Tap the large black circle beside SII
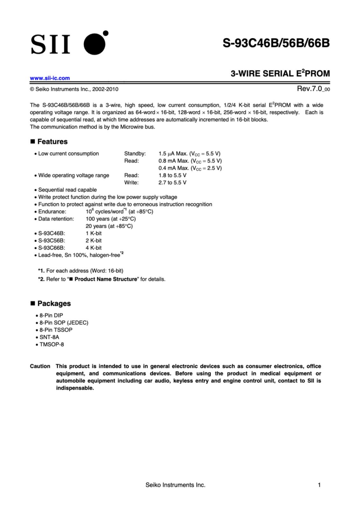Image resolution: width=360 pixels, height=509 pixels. [x=94, y=44]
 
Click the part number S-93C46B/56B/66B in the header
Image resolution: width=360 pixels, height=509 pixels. [x=276, y=43]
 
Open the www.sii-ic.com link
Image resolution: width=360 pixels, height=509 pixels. [x=50, y=78]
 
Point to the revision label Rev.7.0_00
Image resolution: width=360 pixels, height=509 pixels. [x=313, y=89]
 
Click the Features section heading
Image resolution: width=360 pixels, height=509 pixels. [x=52, y=142]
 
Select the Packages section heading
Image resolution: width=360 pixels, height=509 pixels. [x=54, y=303]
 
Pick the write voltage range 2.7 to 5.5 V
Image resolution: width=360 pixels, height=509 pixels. [x=172, y=183]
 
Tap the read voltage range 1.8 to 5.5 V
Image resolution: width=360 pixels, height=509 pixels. [x=172, y=175]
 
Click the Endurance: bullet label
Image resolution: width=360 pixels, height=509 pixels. [x=52, y=212]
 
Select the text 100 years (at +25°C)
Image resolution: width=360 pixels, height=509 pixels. [x=110, y=219]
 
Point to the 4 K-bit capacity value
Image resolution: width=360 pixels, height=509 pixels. [x=94, y=248]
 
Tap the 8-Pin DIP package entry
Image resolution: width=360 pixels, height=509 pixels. [x=51, y=316]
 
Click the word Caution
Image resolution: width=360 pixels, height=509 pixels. [x=40, y=366]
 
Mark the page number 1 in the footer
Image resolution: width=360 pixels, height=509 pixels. [x=319, y=485]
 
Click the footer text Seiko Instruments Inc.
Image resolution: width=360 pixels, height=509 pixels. [x=175, y=485]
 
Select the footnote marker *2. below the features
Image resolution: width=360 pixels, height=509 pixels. [x=41, y=279]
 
